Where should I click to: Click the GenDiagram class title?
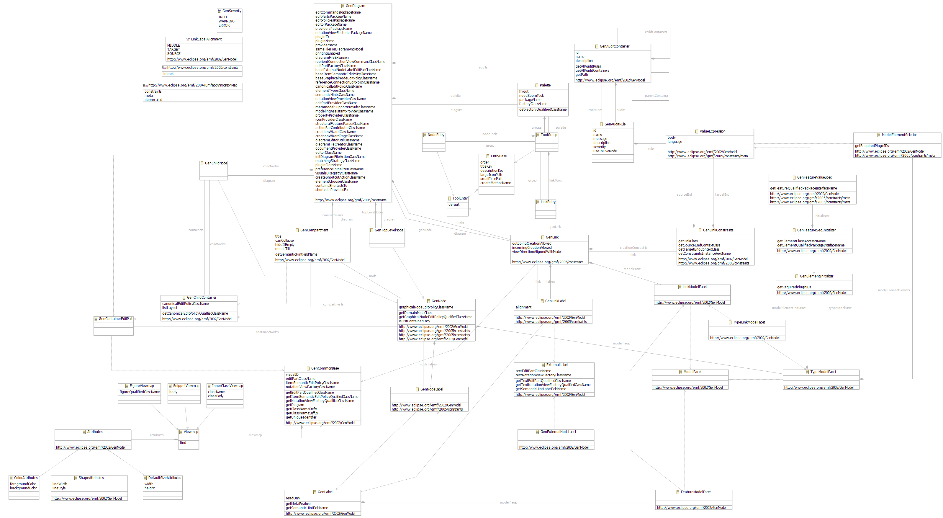pos(355,6)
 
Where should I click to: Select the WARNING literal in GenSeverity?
pos(226,21)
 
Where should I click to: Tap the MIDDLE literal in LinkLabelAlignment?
pos(173,45)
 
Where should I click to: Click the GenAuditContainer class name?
pos(614,47)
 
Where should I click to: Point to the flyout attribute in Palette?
pos(523,91)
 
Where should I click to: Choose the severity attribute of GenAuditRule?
pos(599,147)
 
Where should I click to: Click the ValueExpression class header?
pos(712,131)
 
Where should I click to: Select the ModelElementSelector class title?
pos(899,135)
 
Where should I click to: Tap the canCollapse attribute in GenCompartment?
pos(284,241)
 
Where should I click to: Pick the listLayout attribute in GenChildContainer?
pos(169,308)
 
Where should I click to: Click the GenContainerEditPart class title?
pos(115,319)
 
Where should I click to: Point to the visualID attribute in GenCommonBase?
pos(292,375)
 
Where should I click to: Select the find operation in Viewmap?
pos(183,443)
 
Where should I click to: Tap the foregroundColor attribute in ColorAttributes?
pos(23,484)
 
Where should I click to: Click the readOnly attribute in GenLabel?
pos(293,498)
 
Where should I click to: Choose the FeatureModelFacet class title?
pos(695,492)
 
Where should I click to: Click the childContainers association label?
pos(656,32)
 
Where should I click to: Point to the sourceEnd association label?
pos(684,195)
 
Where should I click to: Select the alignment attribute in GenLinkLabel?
pos(523,307)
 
